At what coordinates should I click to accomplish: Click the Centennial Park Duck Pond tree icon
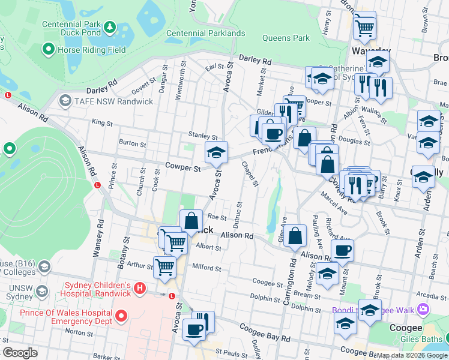click(x=110, y=27)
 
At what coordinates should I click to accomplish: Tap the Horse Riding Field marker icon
click(x=49, y=50)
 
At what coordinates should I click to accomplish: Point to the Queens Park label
click(x=286, y=38)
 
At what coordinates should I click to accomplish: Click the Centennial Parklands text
click(x=205, y=34)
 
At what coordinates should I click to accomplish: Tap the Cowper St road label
click(x=183, y=169)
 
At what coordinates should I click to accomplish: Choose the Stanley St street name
click(x=202, y=137)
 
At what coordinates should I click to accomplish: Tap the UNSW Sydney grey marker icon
click(x=41, y=292)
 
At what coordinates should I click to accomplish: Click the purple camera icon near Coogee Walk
click(x=424, y=309)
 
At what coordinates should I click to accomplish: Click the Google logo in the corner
click(x=20, y=353)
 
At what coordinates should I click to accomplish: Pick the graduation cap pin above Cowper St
click(x=216, y=152)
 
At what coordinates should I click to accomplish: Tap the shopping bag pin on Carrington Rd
click(x=295, y=235)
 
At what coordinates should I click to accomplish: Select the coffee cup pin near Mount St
click(x=342, y=250)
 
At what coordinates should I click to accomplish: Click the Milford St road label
click(x=206, y=268)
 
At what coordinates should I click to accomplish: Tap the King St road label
click(x=102, y=123)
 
